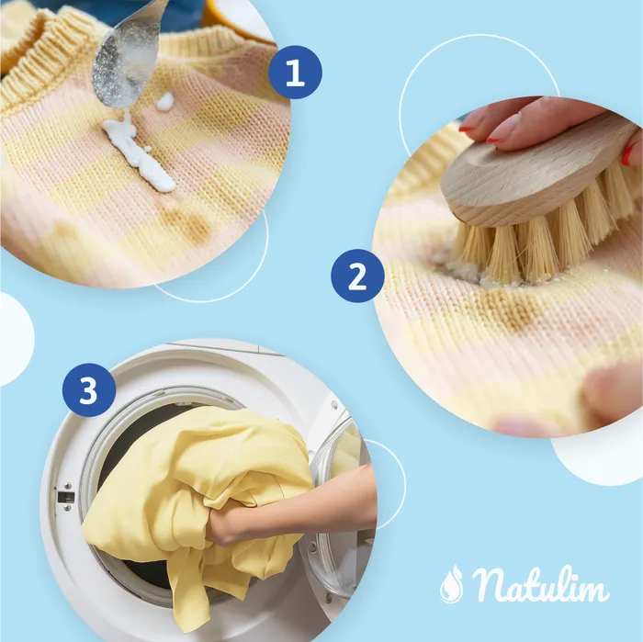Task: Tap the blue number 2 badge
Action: tap(357, 276)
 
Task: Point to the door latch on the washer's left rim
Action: tap(66, 496)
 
